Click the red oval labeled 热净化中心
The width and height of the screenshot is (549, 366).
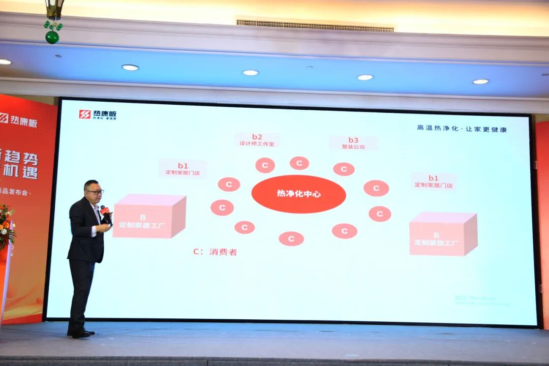(298, 194)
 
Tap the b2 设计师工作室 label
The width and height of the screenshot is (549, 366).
(257, 140)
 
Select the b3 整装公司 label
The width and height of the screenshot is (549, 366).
(353, 143)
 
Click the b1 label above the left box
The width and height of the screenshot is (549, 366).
(182, 169)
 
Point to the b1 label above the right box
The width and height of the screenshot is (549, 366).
(433, 181)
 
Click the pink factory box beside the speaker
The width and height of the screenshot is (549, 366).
(149, 217)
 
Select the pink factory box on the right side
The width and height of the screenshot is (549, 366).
(443, 234)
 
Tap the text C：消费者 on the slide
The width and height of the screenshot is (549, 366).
(215, 252)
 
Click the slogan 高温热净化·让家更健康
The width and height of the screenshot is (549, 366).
(462, 129)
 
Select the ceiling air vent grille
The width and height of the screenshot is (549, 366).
(315, 26)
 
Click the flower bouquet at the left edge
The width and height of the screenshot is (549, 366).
(6, 226)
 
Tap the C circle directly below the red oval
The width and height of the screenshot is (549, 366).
(291, 238)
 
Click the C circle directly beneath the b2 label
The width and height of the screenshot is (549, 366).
(265, 165)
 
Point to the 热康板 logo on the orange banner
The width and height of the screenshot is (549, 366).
(18, 120)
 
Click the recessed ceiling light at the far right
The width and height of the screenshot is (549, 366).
(480, 81)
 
